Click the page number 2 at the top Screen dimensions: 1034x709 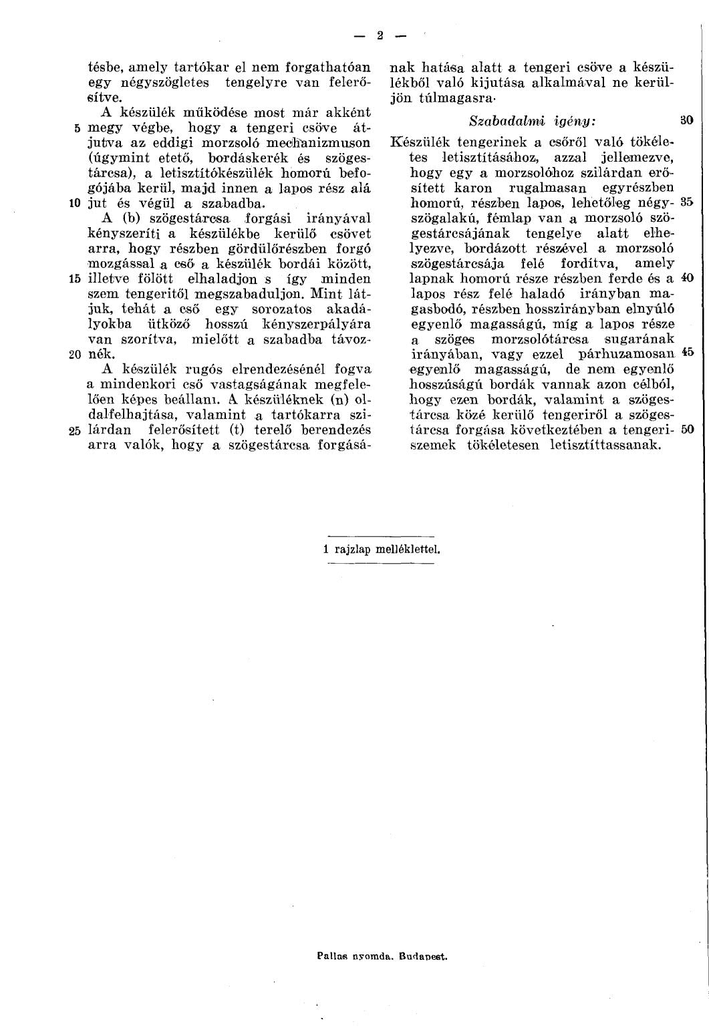tap(378, 35)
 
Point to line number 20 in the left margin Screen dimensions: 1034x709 tap(75, 355)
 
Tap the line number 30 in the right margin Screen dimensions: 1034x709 tap(686, 121)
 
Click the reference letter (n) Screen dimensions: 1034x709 tap(341, 399)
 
